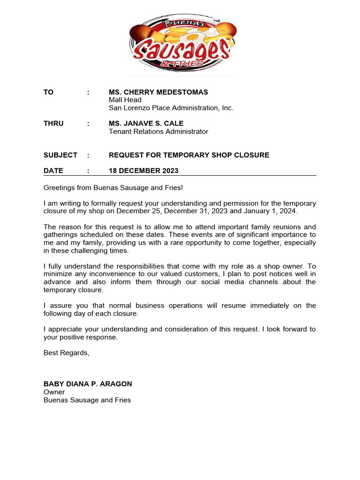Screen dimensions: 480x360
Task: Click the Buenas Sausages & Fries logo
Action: tap(182, 44)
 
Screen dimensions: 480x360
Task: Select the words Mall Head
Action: tap(125, 100)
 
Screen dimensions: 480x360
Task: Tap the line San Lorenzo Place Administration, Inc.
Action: tap(171, 108)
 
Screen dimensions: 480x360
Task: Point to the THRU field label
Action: tap(53, 124)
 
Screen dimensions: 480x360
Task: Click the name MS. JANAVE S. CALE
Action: tap(146, 124)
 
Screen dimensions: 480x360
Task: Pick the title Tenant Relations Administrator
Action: tap(158, 132)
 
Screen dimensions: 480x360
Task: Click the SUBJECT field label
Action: tap(60, 155)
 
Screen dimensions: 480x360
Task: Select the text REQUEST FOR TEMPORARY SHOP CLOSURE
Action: tap(189, 155)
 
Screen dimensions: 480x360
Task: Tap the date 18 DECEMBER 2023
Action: tap(143, 171)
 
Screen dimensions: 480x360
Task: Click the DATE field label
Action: tap(53, 171)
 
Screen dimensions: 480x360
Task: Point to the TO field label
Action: tap(48, 92)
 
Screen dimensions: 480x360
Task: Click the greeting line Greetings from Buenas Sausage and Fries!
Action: tap(113, 188)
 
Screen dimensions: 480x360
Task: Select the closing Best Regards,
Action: tap(66, 352)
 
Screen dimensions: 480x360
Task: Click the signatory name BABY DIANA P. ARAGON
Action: tap(88, 384)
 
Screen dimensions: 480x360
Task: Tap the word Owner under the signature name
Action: tap(54, 392)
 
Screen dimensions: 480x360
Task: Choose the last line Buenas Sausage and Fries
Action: tap(87, 400)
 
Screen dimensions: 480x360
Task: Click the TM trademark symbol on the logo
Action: tap(217, 22)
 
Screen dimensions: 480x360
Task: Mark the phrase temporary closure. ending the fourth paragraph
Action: tap(73, 290)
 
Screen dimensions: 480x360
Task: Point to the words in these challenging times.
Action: tap(86, 250)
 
